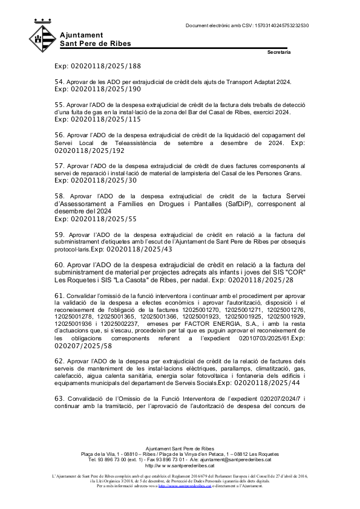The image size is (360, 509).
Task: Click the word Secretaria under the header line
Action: point(279,53)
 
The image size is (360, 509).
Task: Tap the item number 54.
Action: point(59,81)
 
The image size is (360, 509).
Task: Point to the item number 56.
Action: point(59,134)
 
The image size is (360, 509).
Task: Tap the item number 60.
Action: point(59,264)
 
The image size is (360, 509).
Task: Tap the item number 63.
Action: point(59,398)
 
